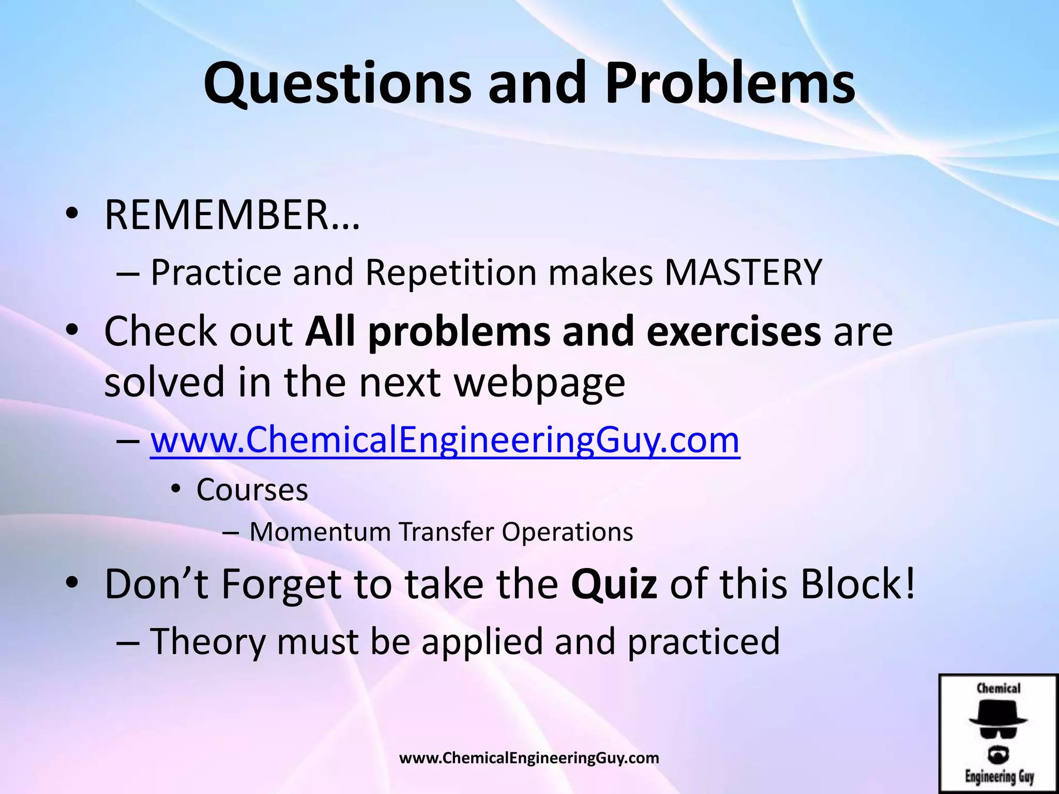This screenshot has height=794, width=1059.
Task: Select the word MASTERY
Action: click(x=743, y=272)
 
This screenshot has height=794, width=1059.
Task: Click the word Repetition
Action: click(x=451, y=272)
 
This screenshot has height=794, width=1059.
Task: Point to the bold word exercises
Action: click(x=733, y=331)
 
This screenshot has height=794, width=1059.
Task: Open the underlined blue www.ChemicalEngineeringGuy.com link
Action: click(x=445, y=440)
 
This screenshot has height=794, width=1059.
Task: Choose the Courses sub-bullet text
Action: click(x=252, y=490)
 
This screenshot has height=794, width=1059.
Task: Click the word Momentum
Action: click(x=320, y=532)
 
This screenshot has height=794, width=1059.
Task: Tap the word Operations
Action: click(x=567, y=532)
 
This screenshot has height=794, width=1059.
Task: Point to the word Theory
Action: click(x=207, y=642)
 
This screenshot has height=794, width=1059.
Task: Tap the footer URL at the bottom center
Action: click(x=529, y=758)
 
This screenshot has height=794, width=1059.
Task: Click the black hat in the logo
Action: click(x=997, y=713)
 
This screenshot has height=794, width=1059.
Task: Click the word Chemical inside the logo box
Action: click(x=998, y=689)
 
